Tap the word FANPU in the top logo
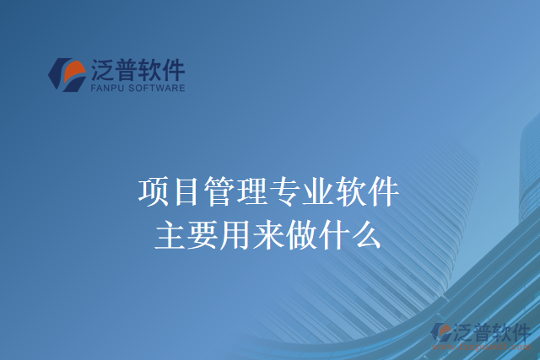[107, 86]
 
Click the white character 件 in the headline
[384, 192]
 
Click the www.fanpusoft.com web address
[490, 346]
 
